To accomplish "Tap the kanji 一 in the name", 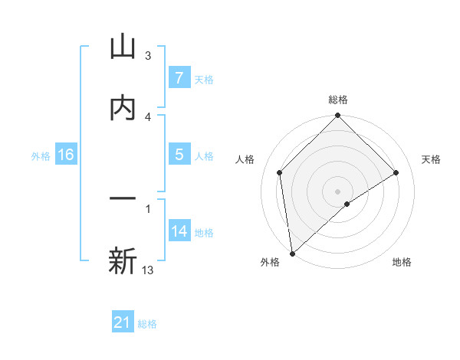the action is (x=123, y=198).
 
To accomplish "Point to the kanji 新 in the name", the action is (x=123, y=260).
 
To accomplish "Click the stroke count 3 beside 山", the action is (x=148, y=56).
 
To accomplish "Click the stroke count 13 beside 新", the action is (x=148, y=270).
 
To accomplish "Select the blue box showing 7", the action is (x=179, y=77).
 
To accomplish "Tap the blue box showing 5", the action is (x=179, y=155).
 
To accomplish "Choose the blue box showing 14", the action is (x=179, y=231).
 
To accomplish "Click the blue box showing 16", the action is (x=66, y=155).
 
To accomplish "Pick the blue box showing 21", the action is (x=123, y=322).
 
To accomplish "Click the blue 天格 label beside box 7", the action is (x=204, y=79).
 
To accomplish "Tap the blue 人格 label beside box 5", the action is (x=204, y=156).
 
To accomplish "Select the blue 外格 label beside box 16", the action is (x=41, y=156).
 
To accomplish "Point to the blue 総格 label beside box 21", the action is (x=147, y=324).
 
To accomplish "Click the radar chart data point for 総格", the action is (x=337, y=116).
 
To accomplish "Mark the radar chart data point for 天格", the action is (x=396, y=173).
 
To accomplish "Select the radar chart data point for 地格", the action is (x=347, y=204).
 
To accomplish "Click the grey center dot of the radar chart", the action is (x=337, y=191).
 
